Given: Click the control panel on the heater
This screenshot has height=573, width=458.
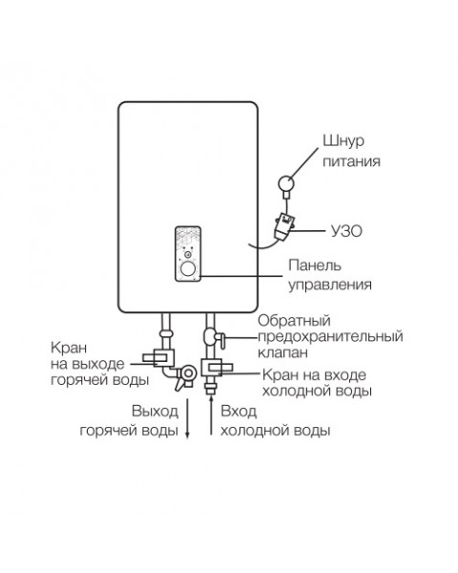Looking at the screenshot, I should [190, 254].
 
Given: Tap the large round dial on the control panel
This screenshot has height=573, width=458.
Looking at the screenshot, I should [189, 270].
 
